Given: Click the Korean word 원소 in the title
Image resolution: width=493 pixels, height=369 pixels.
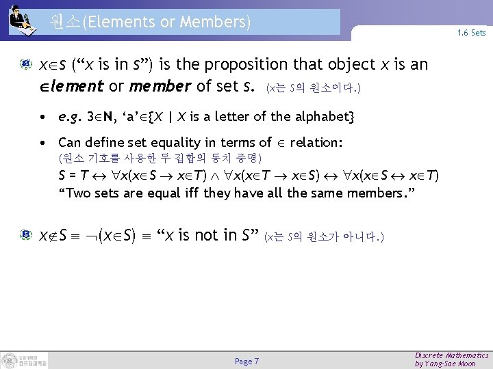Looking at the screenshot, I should coord(65,22).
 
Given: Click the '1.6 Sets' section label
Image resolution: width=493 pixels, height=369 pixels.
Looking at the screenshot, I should coord(472,33).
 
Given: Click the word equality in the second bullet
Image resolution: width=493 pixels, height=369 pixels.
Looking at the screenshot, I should coord(194,143).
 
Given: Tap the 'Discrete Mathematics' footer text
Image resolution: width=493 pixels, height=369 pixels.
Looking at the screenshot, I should coord(452,355).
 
